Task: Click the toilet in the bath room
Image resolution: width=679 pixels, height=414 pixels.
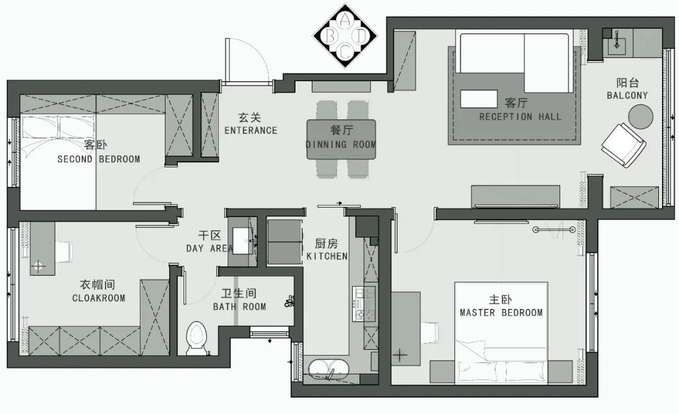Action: point(197,338)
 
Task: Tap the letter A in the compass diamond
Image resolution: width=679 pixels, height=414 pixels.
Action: point(345,19)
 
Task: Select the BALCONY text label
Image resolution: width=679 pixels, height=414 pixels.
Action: point(627,96)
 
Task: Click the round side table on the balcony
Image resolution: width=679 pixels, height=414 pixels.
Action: point(641,116)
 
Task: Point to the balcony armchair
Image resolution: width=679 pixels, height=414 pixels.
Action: point(624,145)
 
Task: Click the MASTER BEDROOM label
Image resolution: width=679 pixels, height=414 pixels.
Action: point(501,313)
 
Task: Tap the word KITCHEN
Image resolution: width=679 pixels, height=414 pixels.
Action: point(327,256)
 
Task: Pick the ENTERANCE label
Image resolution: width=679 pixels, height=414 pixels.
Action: point(251,130)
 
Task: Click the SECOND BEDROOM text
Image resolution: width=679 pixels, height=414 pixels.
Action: point(99,159)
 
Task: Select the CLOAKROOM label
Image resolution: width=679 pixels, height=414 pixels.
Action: point(99,298)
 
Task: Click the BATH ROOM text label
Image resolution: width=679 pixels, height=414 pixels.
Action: point(240,307)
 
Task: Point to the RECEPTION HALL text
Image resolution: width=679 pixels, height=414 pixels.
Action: point(520,116)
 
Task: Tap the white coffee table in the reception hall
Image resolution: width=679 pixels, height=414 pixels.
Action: point(478,99)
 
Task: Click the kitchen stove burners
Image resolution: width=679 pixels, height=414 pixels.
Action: point(360,304)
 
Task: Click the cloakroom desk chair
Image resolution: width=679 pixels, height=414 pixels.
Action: point(63,251)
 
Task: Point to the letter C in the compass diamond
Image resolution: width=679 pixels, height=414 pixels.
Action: point(345,52)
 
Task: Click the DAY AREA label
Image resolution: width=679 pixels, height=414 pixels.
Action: point(209,249)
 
